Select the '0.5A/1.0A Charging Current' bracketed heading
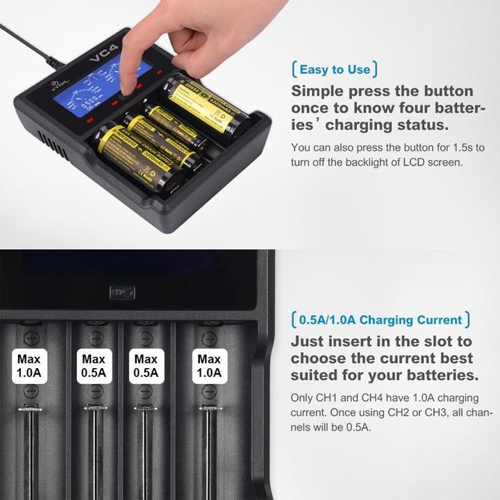(381, 320)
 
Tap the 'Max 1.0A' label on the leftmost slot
(30, 367)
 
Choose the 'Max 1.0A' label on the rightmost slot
(209, 367)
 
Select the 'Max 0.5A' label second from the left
(93, 367)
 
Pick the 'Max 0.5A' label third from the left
(146, 367)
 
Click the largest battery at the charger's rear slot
(205, 105)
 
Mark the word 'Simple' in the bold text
(317, 91)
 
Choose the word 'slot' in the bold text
(440, 342)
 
